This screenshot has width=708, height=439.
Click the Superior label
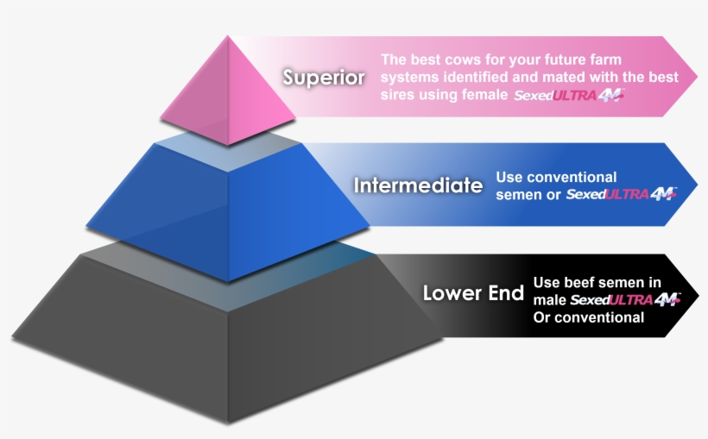[324, 78]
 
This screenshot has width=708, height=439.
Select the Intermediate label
[417, 185]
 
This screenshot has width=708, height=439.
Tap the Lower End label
[473, 293]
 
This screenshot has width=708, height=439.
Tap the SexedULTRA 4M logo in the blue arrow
[621, 194]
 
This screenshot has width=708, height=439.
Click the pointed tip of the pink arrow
[699, 76]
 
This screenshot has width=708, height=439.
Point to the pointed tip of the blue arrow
[699, 183]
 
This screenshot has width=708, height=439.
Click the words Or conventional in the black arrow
[589, 317]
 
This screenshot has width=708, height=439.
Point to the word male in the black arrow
[549, 300]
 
